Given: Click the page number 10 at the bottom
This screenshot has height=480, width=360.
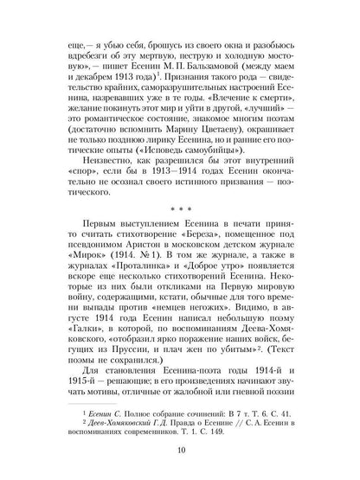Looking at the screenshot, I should pyautogui.click(x=181, y=452).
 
